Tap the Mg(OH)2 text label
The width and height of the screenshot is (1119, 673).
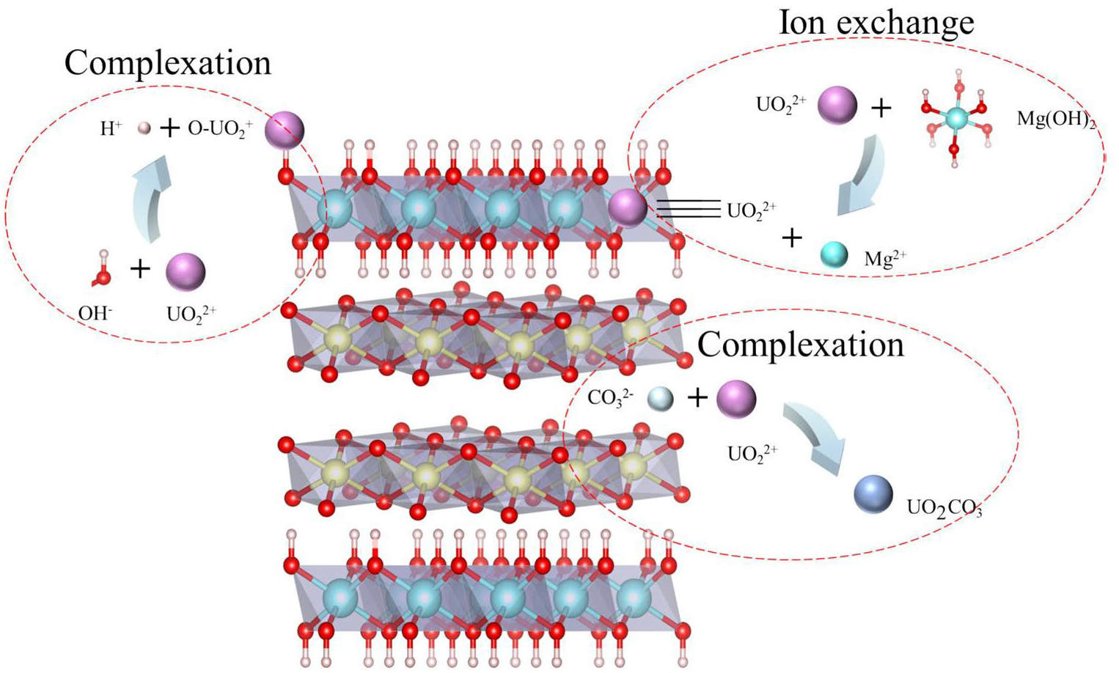tap(1054, 119)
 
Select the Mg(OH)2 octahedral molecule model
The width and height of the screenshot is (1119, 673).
tap(956, 117)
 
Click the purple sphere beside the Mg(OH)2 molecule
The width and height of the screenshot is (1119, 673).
tap(837, 105)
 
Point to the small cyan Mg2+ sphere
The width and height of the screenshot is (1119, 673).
tap(834, 254)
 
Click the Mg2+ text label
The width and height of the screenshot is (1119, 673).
tap(884, 258)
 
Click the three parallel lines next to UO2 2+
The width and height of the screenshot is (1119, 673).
tap(688, 209)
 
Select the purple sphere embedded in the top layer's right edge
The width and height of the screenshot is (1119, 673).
tap(628, 207)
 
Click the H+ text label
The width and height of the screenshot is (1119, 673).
tap(110, 129)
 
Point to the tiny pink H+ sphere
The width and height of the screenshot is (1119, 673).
tap(144, 128)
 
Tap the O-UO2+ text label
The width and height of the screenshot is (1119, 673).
tap(220, 128)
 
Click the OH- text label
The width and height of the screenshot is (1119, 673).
tap(95, 313)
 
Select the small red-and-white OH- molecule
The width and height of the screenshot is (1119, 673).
tap(102, 270)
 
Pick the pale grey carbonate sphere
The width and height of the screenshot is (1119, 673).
tap(660, 398)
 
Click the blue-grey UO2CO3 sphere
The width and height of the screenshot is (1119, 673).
tap(873, 494)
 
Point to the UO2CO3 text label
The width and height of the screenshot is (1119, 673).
tap(944, 507)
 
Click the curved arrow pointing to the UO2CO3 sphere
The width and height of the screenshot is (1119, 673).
tap(815, 435)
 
